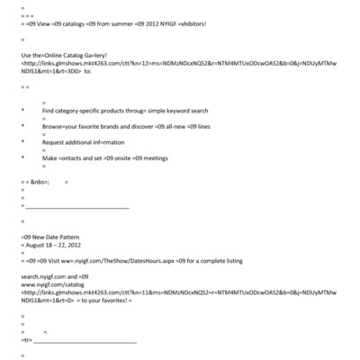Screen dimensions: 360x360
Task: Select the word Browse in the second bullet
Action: coord(54,127)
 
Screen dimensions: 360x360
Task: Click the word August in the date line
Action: coord(37,245)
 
